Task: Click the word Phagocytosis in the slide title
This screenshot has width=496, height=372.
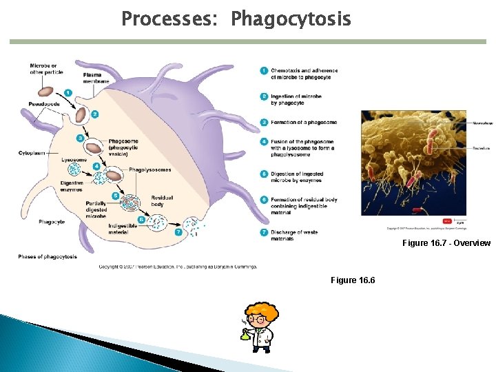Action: pos(291,19)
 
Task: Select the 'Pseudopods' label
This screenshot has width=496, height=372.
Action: pos(44,104)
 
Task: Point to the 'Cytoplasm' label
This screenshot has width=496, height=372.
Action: pos(32,152)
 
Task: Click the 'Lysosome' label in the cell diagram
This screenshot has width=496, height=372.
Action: pos(74,159)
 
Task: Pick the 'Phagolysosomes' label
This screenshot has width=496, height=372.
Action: pos(149,169)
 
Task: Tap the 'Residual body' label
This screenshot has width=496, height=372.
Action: pos(163,201)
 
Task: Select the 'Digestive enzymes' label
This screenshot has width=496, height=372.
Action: pos(72,186)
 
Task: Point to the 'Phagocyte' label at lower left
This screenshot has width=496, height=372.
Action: pos(52,222)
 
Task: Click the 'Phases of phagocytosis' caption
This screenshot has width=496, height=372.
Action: pos(48,257)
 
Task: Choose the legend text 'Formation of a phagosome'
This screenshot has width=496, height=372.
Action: pos(303,123)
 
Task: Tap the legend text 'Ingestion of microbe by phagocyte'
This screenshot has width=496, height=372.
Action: pos(296,100)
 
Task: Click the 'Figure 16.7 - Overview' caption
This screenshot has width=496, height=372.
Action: pos(446,243)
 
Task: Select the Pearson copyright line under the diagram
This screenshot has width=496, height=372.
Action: pos(178,266)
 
